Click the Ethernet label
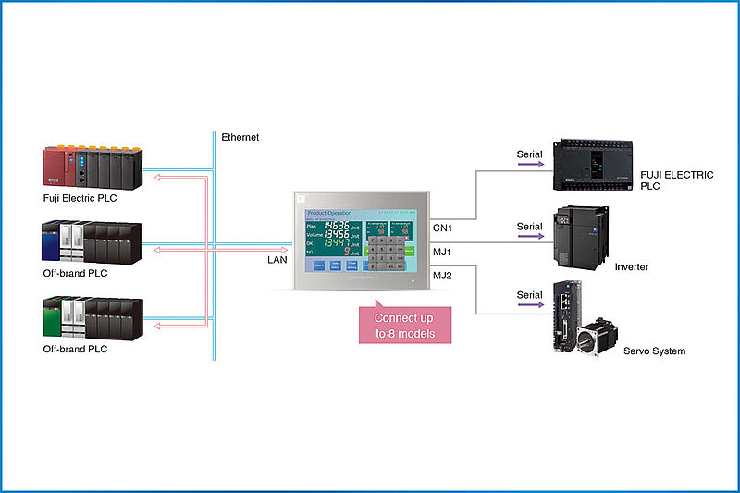pos(240,137)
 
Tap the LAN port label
pos(277,260)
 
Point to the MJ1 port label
pos(442,251)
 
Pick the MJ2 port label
pos(442,276)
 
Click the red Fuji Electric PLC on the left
pos(92,166)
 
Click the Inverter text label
pos(631,266)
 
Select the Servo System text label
pos(654,351)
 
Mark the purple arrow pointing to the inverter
pos(529,237)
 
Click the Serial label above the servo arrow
pos(529,295)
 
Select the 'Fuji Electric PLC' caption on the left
pos(80,199)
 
